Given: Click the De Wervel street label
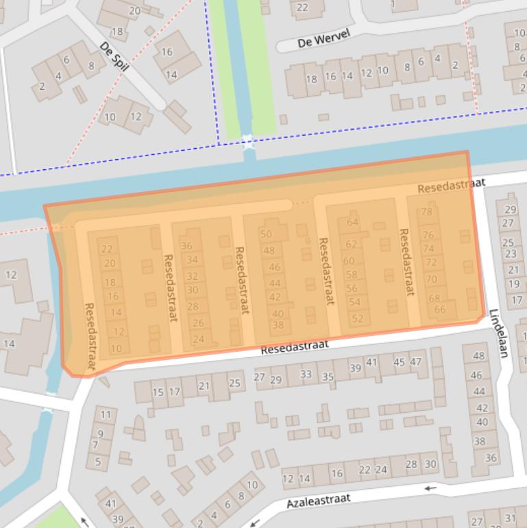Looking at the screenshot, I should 323,39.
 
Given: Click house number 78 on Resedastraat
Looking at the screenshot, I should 426,212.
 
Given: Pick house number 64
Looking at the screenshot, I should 352,221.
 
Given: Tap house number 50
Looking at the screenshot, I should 266,234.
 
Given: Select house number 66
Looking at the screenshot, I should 439,309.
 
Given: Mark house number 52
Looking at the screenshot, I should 357,318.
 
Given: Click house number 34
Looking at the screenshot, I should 193,260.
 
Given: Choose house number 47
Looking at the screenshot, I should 416,362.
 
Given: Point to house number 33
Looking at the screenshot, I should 306,374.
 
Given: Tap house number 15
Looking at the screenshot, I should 158,392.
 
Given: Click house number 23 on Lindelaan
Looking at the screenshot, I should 511,254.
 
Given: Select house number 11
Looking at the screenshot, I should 106,414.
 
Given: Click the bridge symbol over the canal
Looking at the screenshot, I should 248,142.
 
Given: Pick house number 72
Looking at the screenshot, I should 431,263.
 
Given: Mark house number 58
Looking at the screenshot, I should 352,275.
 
